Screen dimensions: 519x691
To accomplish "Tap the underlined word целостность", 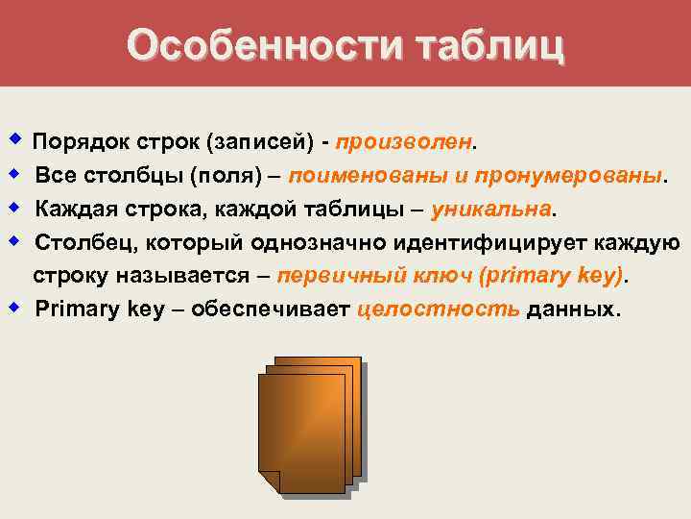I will pyautogui.click(x=439, y=309).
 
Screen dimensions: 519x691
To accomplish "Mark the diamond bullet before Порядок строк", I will pyautogui.click(x=13, y=141).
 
